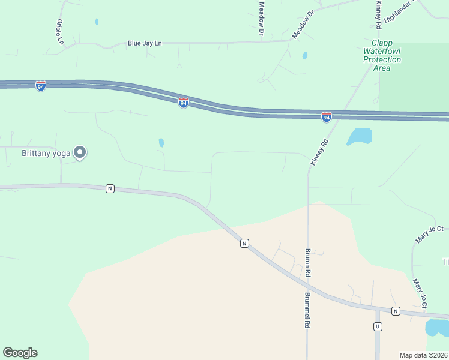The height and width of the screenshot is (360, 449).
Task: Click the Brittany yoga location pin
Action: pyautogui.click(x=80, y=152)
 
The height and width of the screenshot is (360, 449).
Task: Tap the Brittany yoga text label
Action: pyautogui.click(x=46, y=153)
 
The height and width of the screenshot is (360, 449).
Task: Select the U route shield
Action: pyautogui.click(x=378, y=326)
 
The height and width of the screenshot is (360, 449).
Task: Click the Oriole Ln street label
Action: pyautogui.click(x=59, y=31)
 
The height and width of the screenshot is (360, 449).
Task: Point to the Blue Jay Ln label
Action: pyautogui.click(x=145, y=43)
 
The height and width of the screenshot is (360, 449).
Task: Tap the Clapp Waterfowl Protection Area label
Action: pyautogui.click(x=382, y=56)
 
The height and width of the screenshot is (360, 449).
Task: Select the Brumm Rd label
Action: pyautogui.click(x=307, y=262)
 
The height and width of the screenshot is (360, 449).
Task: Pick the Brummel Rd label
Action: pyautogui.click(x=307, y=310)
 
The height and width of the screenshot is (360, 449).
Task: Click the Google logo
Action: pyautogui.click(x=20, y=353)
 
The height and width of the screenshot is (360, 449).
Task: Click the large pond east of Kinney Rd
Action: pyautogui.click(x=360, y=136)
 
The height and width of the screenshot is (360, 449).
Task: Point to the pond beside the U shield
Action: pyautogui.click(x=436, y=328)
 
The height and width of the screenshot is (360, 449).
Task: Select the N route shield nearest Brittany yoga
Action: pyautogui.click(x=110, y=188)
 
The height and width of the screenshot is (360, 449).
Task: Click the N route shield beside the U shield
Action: pyautogui.click(x=396, y=311)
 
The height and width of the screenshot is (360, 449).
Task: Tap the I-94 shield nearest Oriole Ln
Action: pyautogui.click(x=40, y=86)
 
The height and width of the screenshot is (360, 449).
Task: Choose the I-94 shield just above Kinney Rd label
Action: pyautogui.click(x=326, y=117)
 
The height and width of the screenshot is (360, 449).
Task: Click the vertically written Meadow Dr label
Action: pyautogui.click(x=262, y=17)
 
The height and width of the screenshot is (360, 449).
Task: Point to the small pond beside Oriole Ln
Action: pyautogui.click(x=97, y=22)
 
